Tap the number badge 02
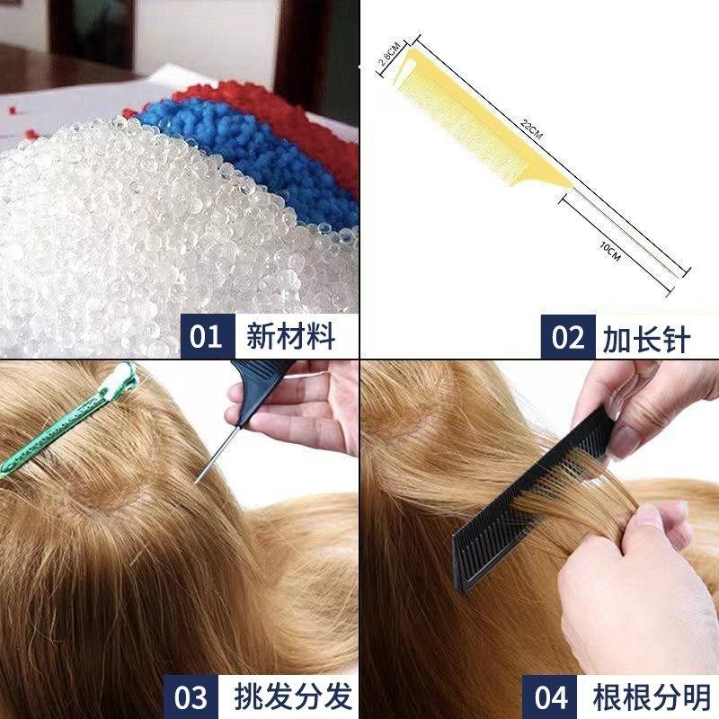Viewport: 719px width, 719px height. (568, 338)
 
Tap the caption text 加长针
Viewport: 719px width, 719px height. (646, 338)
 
